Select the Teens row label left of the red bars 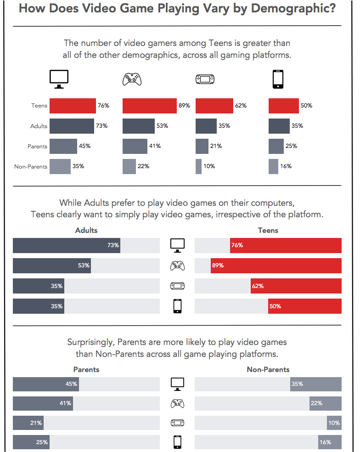tap(39, 106)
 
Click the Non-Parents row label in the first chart tap(31, 166)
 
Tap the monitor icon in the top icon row tap(59, 79)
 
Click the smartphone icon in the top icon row tap(278, 79)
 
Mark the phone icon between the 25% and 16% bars tap(177, 442)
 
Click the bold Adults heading tap(86, 230)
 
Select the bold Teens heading tap(268, 230)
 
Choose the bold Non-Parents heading tap(268, 369)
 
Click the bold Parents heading tap(86, 369)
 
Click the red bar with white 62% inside tap(296, 286)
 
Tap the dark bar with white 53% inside tap(51, 266)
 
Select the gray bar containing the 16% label tap(330, 442)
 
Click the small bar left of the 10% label tap(198, 166)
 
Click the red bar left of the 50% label tap(283, 106)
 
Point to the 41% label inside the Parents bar tap(65, 403)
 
